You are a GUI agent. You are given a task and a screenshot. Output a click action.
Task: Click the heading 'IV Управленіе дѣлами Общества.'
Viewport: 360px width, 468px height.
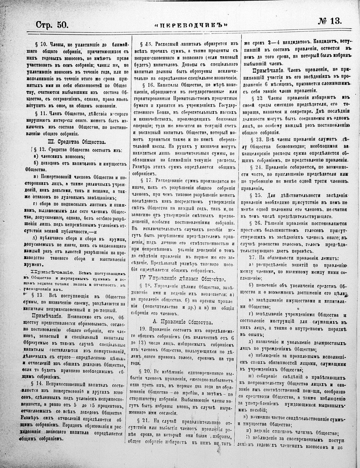coord(181,278)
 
